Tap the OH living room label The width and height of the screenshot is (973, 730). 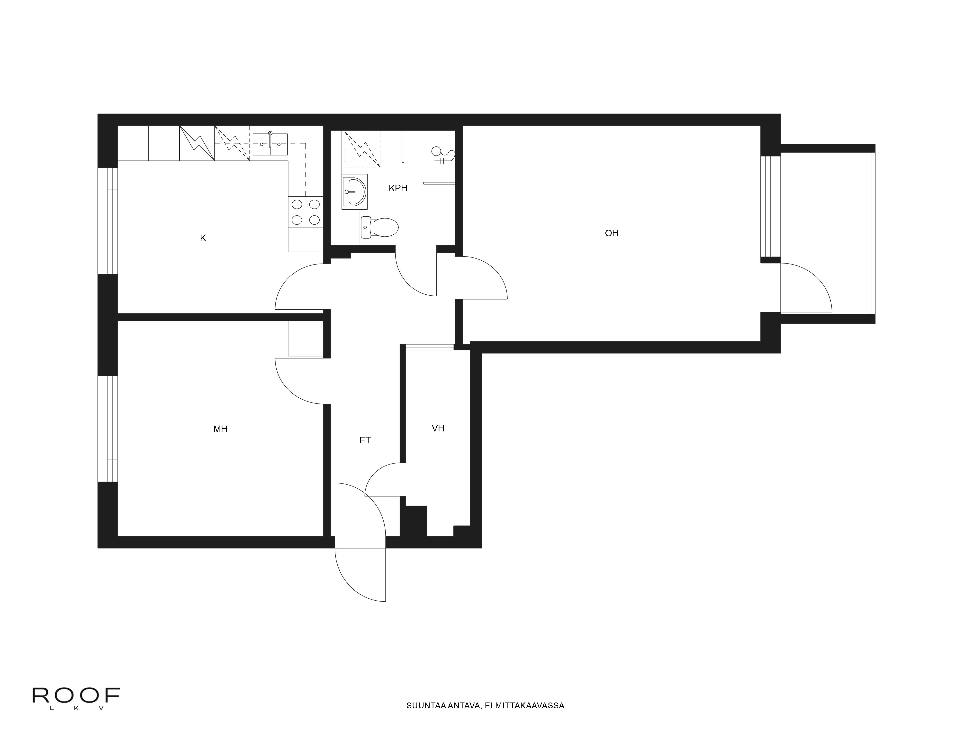612,233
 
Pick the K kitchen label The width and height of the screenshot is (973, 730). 203,238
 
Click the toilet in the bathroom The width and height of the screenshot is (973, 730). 379,227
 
